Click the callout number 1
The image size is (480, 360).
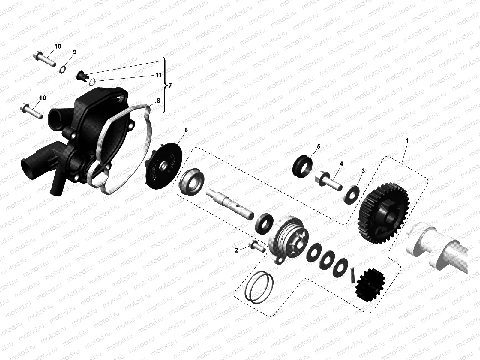click(x=407, y=140)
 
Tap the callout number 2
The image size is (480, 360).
click(x=236, y=250)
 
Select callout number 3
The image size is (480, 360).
click(x=363, y=171)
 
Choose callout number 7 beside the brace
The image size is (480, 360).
click(x=170, y=86)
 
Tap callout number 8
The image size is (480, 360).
click(x=158, y=100)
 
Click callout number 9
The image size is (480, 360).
click(x=75, y=52)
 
